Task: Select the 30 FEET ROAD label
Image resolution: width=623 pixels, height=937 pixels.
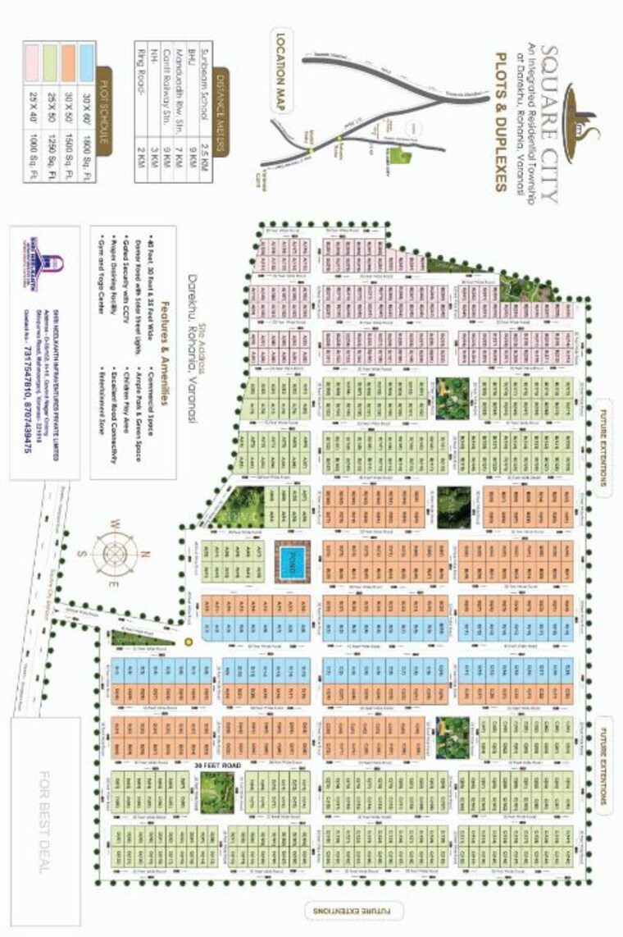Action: point(198,764)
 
